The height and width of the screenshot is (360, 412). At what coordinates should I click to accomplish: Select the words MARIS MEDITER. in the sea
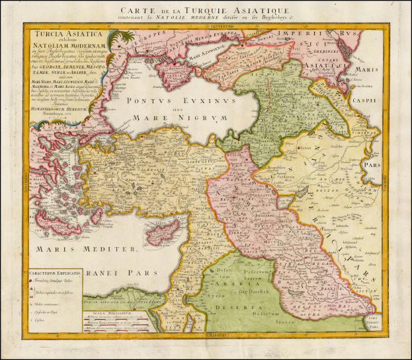(88, 249)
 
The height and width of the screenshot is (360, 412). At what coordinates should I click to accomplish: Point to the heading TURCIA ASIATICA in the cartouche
(63, 35)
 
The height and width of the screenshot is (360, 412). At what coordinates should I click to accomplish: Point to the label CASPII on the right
(389, 100)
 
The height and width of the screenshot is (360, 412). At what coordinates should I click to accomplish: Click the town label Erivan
(306, 149)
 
